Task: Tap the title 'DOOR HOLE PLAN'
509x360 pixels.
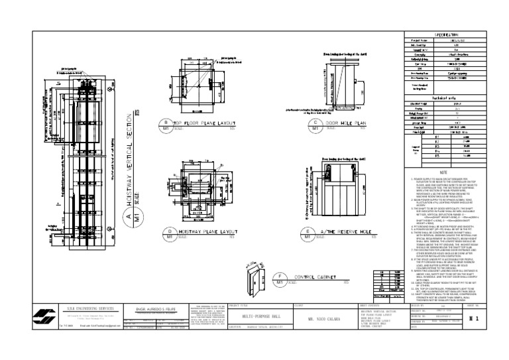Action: tap(347, 123)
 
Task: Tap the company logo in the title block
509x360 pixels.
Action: tap(45, 318)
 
